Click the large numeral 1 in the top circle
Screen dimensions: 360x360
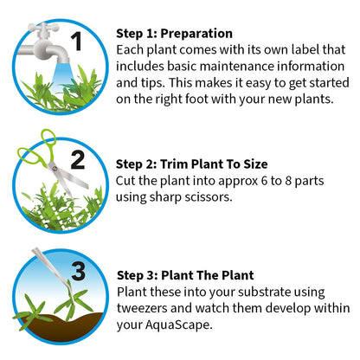tap(77, 41)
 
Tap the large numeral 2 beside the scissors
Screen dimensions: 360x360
tap(77, 160)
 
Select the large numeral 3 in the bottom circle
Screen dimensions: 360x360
tap(79, 271)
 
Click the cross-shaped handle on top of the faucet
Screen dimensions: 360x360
tap(43, 29)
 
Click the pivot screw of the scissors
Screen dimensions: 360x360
tap(55, 169)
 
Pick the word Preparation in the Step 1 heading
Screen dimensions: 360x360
tap(196, 34)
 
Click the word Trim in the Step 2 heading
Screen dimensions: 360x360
tap(174, 164)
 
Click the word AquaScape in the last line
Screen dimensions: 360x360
tap(178, 325)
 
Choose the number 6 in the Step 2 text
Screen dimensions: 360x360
tap(264, 181)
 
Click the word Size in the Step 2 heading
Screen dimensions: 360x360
tap(255, 164)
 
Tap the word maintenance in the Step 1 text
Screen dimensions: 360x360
tap(236, 67)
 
